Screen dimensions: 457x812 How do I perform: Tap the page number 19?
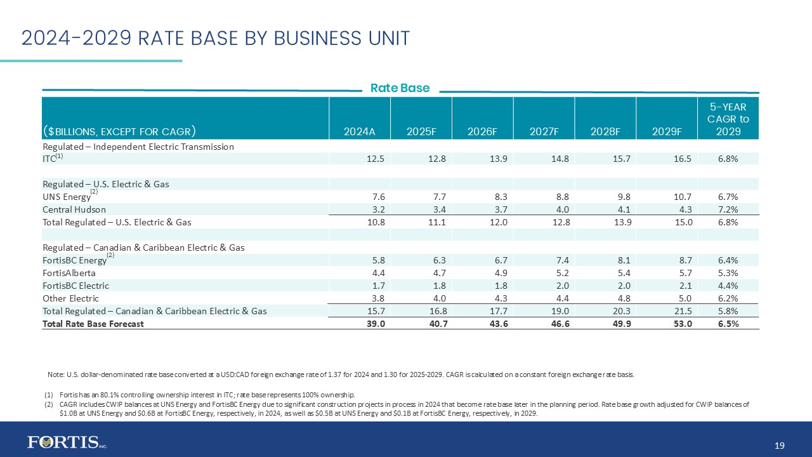780,446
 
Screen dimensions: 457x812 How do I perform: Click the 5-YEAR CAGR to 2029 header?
728,119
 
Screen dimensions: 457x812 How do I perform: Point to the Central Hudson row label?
74,209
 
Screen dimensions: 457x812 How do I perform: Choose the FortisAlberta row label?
70,273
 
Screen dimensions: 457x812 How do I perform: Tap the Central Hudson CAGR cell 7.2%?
728,209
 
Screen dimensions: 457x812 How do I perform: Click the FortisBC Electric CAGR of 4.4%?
728,286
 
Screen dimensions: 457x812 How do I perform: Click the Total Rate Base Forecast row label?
93,324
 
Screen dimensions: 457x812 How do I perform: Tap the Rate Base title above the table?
400,88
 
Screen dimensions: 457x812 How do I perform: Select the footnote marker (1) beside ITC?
59,156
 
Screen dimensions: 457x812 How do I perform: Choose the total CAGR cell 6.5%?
728,324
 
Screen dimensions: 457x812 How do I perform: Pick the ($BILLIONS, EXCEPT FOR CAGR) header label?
119,132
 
